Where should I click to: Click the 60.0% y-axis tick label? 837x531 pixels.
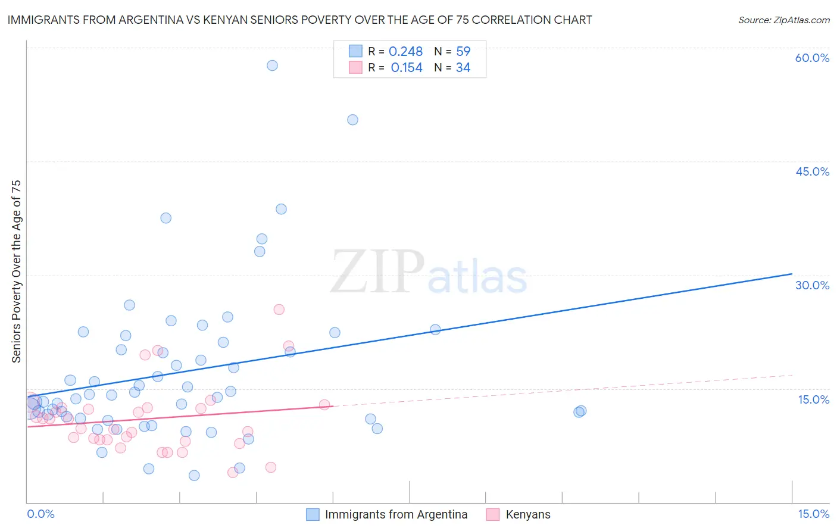pos(812,58)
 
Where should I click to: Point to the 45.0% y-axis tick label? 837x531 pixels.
pos(812,171)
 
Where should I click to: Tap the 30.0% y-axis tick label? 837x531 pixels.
pos(812,285)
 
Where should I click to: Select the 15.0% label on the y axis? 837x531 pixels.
pos(813,399)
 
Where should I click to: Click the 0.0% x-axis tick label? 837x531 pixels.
pos(40,514)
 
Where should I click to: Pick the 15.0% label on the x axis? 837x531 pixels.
pos(813,514)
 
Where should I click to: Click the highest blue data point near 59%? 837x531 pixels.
pos(272,65)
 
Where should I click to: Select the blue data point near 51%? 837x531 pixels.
pos(352,120)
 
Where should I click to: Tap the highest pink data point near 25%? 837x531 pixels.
pos(279,310)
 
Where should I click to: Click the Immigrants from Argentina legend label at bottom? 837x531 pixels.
pos(396,514)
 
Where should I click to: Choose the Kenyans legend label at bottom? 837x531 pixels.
pos(528,514)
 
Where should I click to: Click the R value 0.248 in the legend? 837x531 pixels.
pos(405,52)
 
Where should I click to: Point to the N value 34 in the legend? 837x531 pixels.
pos(463,68)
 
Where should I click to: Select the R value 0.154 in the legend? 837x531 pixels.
pos(407,68)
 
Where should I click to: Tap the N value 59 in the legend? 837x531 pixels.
pos(463,52)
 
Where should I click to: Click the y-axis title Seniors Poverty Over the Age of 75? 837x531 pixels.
pos(16,271)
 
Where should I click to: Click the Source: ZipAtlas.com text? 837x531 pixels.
pos(783,20)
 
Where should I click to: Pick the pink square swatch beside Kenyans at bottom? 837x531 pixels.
pos(492,514)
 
